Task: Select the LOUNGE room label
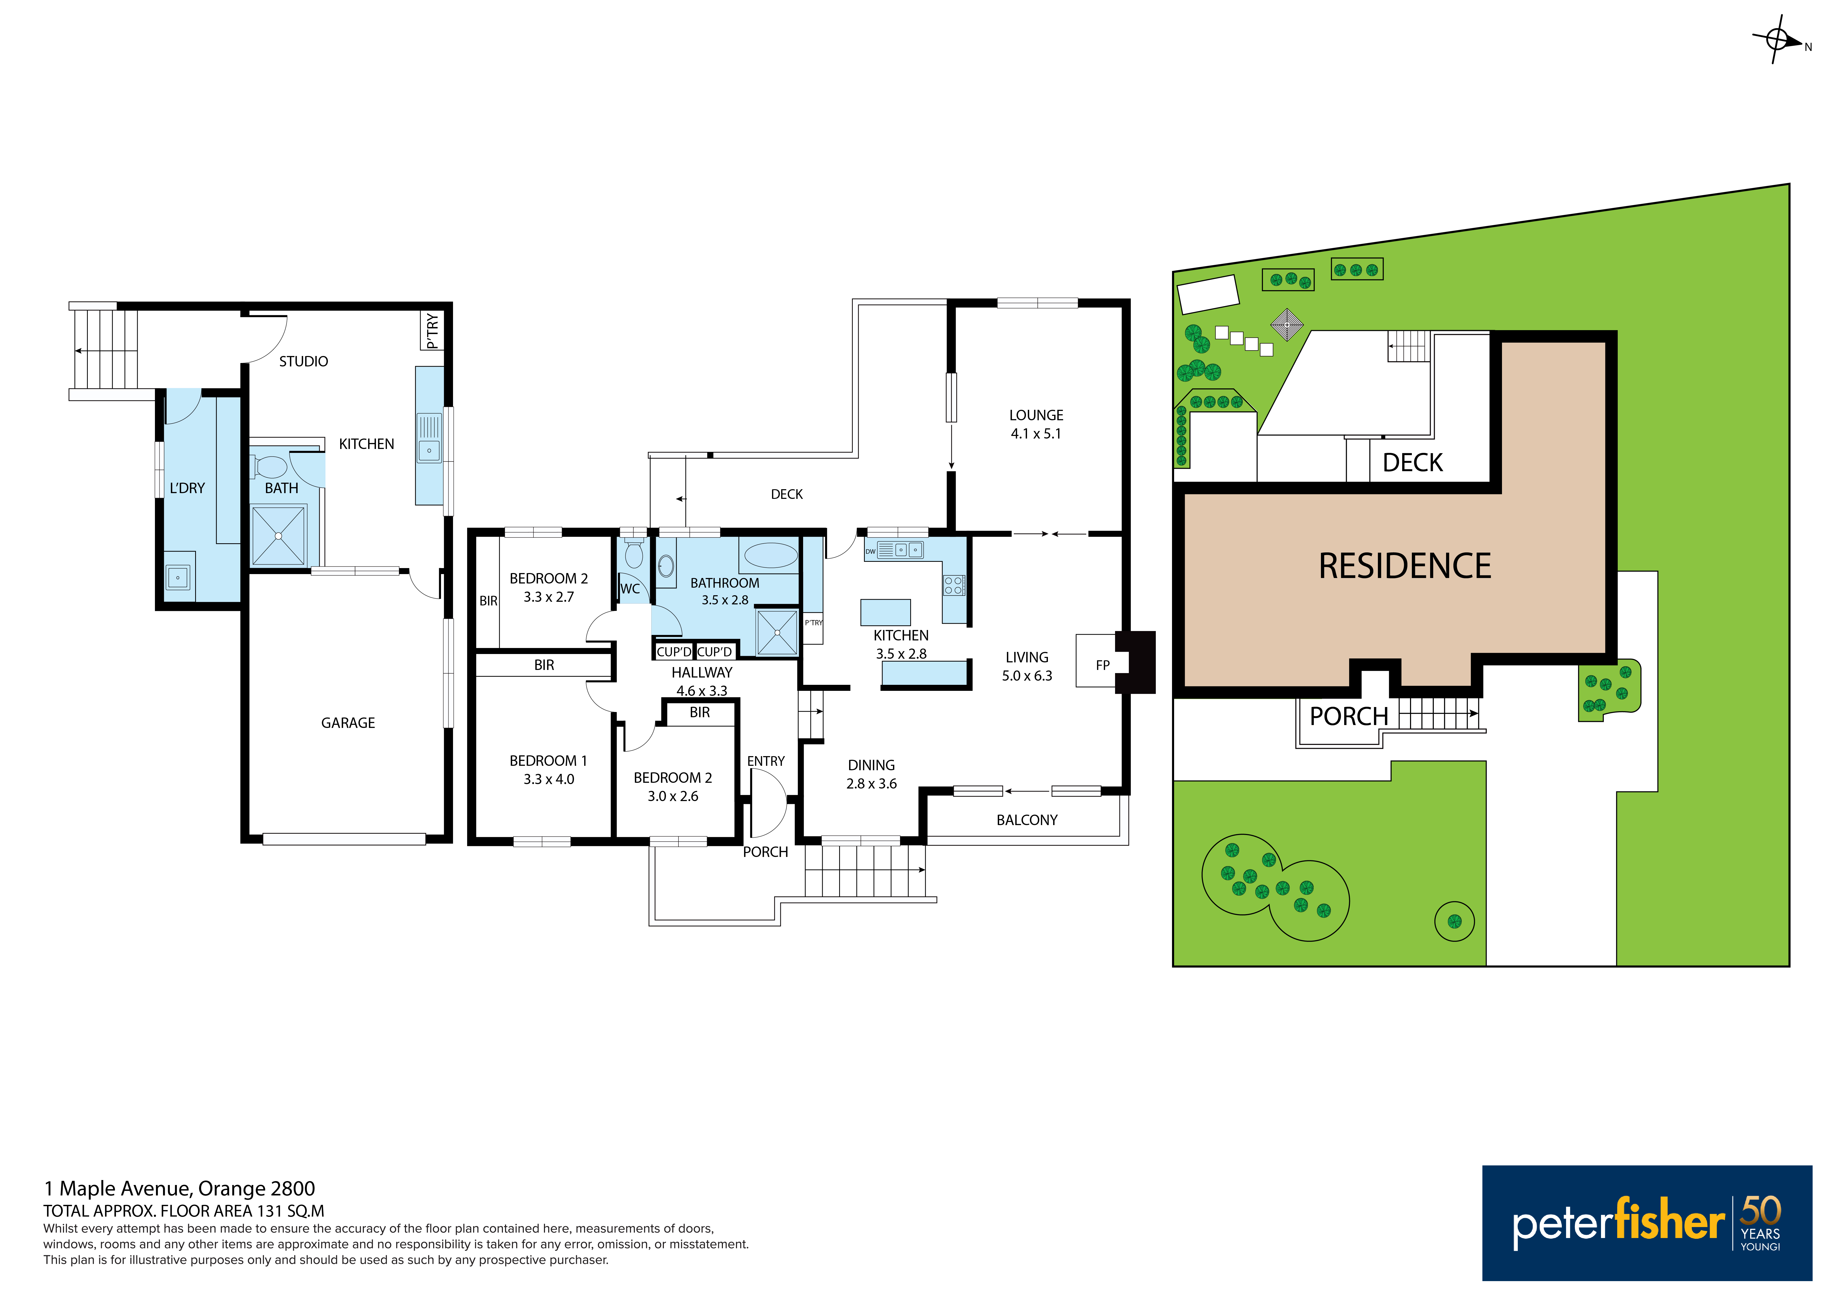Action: pyautogui.click(x=1036, y=415)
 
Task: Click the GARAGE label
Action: pyautogui.click(x=348, y=723)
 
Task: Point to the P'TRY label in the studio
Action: pyautogui.click(x=432, y=330)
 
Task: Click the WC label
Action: pyautogui.click(x=630, y=589)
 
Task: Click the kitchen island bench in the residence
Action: pyautogui.click(x=885, y=612)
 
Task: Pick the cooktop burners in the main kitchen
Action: pyautogui.click(x=953, y=585)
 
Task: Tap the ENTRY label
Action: pyautogui.click(x=765, y=761)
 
